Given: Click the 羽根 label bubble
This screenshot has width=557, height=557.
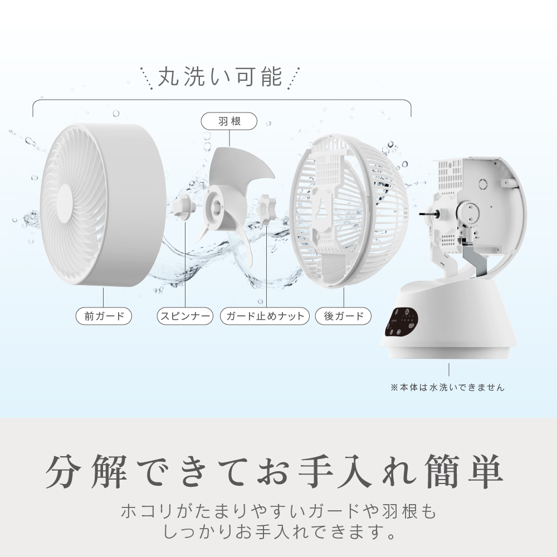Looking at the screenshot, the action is point(229,121).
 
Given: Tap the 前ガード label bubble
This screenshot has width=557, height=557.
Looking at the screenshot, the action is point(104,316).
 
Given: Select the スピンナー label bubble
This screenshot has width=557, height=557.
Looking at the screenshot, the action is point(185,316).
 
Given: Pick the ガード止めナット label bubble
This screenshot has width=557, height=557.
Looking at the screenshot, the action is point(265,316).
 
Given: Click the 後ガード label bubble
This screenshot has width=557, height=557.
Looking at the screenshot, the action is point(344,316).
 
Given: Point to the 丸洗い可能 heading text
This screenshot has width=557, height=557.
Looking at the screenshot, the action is point(220,76).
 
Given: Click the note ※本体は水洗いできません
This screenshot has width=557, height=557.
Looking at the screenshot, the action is point(448,387).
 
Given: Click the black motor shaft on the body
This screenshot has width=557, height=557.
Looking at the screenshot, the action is point(427,214).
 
